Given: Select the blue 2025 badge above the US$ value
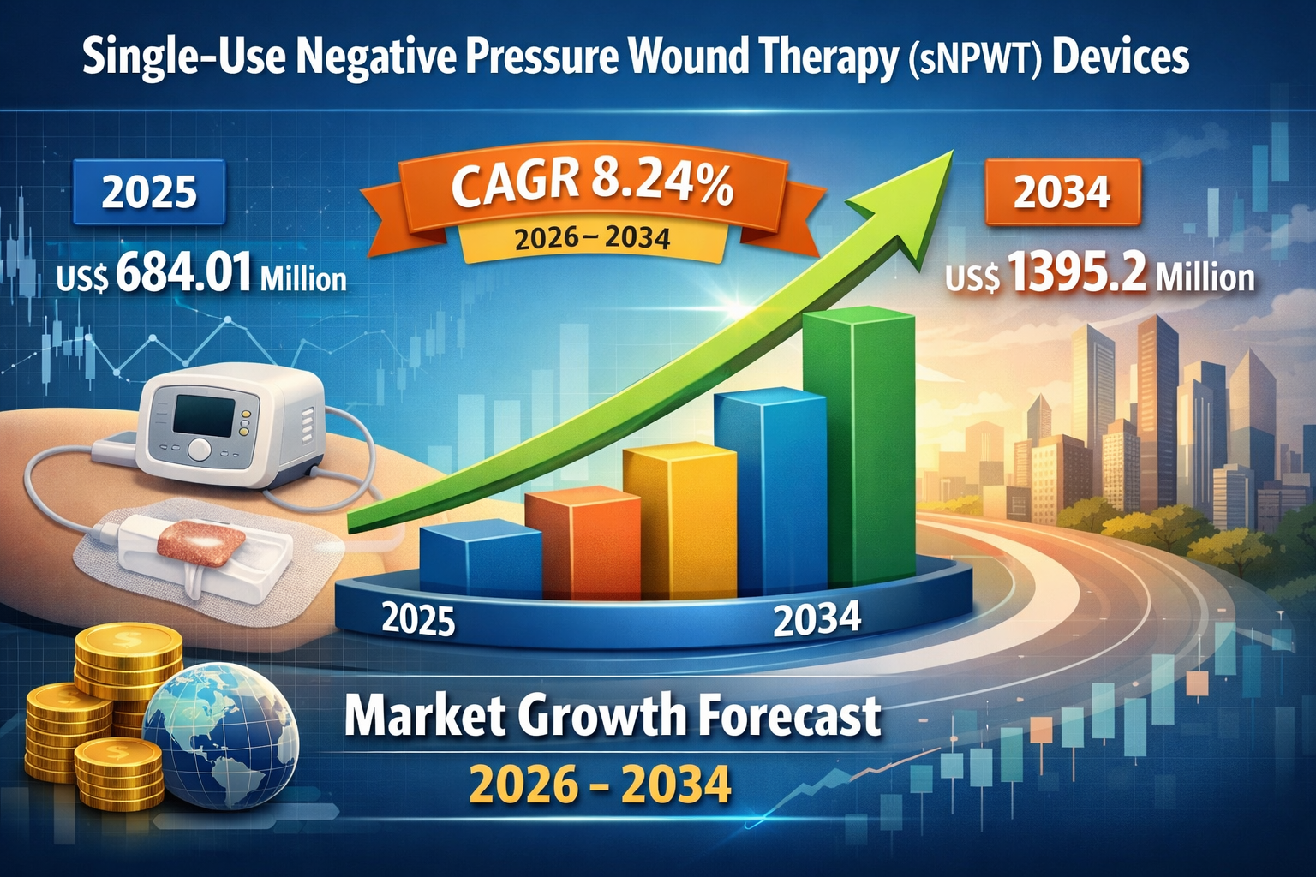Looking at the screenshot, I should (x=149, y=192).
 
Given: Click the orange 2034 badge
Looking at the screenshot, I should (x=1062, y=192).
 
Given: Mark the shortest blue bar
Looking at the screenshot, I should (x=480, y=561).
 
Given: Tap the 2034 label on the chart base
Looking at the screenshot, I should (x=817, y=619).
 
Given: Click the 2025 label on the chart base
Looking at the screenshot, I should (x=418, y=618).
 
